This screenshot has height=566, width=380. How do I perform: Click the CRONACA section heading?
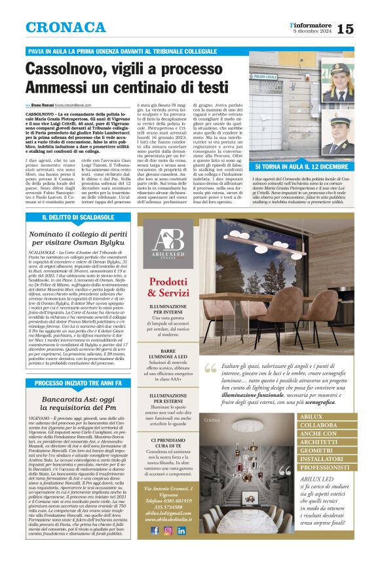[x=66, y=28]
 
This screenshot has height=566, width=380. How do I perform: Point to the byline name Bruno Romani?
[x=46, y=105]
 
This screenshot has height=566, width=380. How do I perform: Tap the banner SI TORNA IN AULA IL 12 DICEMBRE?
[x=302, y=168]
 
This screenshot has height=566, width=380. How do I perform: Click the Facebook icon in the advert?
[x=155, y=531]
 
